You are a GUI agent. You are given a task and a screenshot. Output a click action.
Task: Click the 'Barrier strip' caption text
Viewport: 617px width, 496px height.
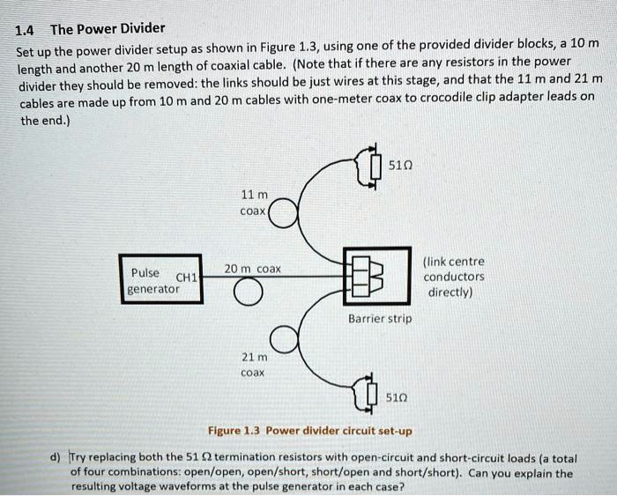pos(379,318)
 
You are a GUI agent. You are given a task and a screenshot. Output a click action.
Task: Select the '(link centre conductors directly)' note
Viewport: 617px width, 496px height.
pos(453,277)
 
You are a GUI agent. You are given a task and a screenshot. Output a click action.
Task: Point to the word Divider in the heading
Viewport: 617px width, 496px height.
pos(140,27)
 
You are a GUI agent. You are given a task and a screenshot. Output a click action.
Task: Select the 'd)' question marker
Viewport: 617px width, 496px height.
pos(55,458)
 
